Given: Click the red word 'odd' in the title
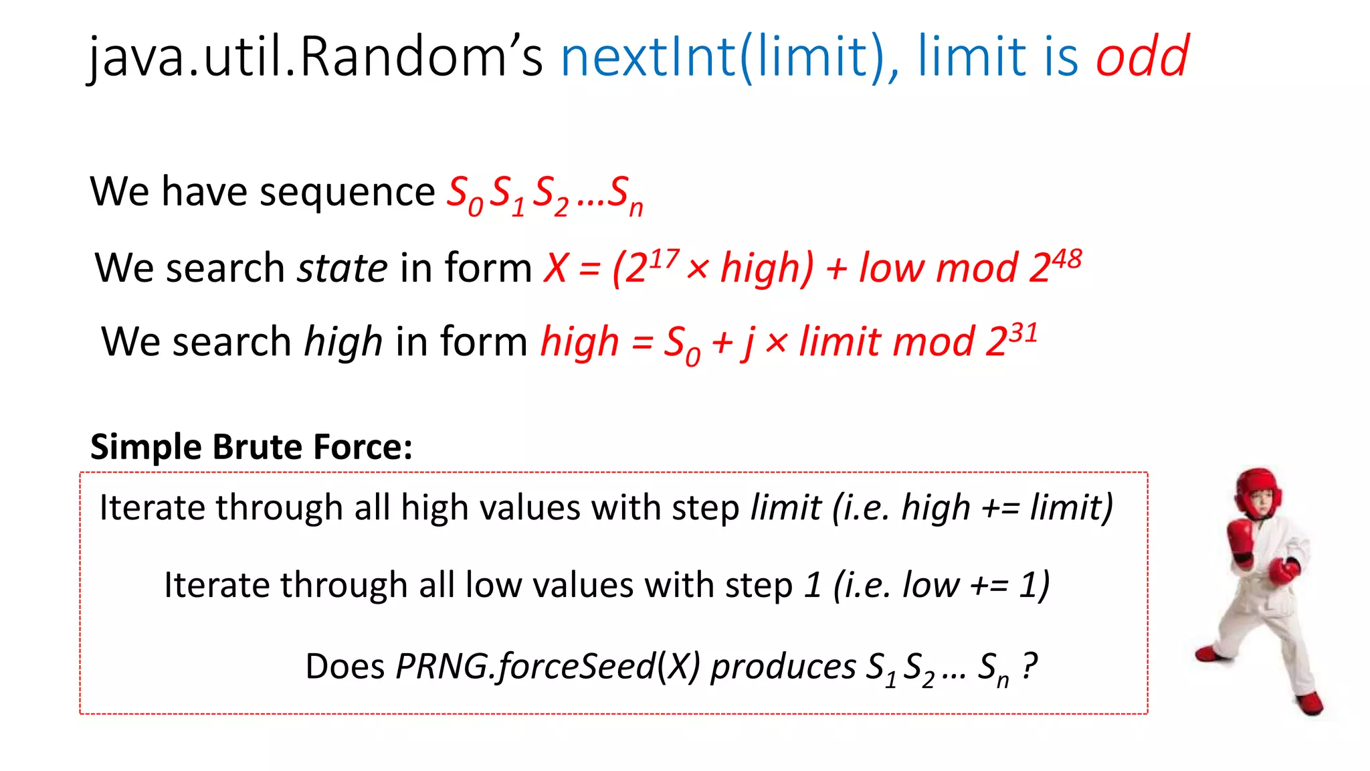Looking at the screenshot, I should [x=1142, y=56].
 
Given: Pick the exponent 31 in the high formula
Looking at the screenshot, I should [x=1023, y=333].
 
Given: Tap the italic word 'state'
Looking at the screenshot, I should [x=342, y=268].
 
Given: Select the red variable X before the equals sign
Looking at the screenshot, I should [x=556, y=269].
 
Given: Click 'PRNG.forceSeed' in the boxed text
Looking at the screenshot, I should [x=525, y=667].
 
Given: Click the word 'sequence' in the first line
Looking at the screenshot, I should [x=347, y=193].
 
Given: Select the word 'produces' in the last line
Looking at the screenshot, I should [x=783, y=667].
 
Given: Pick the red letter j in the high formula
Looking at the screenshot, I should [x=749, y=343].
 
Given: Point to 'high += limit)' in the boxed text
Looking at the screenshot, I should [x=1007, y=507].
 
